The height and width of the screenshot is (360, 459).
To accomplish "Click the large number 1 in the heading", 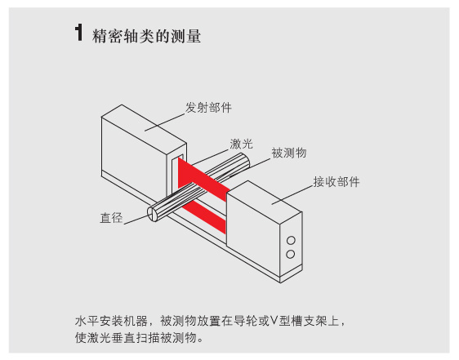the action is point(79,33).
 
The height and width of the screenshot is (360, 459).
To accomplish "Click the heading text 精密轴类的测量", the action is point(147,36).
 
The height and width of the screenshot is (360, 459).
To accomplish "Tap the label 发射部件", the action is point(208,108).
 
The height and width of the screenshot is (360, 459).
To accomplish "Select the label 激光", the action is point(241,144).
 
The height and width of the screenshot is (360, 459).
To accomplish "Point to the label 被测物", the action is point(288,153).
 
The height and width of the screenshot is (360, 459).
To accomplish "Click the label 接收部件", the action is point(336,182).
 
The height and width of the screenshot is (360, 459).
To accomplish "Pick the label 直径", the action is point(111,218).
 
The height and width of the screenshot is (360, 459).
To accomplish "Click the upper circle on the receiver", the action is point(291,241).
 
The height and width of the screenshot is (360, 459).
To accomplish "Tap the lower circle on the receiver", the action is point(291,254).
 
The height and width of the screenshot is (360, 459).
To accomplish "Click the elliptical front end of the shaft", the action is point(153,215).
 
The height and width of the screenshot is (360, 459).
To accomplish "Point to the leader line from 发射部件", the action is point(165,122).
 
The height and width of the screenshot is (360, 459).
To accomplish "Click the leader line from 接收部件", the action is point(292,194).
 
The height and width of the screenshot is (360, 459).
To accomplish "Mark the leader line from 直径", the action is point(136,220).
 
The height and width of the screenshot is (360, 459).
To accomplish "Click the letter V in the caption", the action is point(274,321).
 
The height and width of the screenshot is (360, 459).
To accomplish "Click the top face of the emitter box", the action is point(144,124).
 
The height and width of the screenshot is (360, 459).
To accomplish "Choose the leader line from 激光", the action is point(209,158).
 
